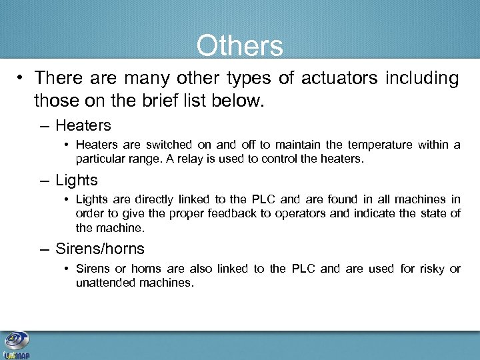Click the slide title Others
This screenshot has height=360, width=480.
239,46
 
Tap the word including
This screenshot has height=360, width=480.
421,79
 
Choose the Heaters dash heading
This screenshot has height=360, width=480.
83,125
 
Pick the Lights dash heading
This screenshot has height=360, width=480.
76,180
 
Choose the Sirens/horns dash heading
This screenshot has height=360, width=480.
99,249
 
